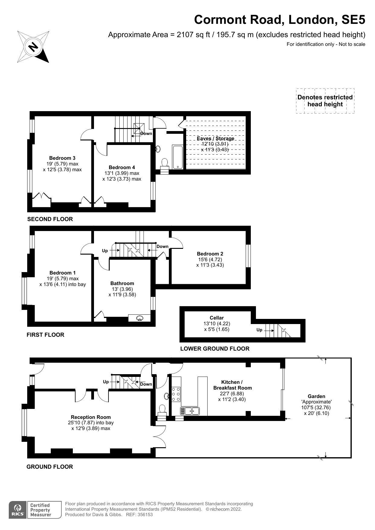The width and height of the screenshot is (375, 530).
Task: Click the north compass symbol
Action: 33,47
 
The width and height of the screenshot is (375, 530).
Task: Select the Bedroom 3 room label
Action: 62,158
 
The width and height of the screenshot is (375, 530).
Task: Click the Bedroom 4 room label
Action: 122,167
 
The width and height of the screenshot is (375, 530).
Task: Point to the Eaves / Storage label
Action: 215,138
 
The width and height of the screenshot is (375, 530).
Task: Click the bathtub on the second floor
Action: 177,157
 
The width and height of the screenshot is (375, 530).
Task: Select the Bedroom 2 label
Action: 210,254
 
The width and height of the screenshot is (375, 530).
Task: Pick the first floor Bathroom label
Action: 122,283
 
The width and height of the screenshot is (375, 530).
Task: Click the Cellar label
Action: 217,318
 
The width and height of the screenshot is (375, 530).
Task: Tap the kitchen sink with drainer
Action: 190,411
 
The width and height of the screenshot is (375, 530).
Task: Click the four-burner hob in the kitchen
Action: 176,394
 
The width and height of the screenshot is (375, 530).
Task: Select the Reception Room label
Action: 91,417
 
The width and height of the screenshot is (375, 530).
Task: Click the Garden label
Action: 316,396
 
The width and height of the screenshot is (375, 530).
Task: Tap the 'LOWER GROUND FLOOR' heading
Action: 215,349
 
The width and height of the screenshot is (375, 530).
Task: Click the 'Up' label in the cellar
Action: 259,330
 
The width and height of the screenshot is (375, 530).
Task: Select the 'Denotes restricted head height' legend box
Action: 325,101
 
